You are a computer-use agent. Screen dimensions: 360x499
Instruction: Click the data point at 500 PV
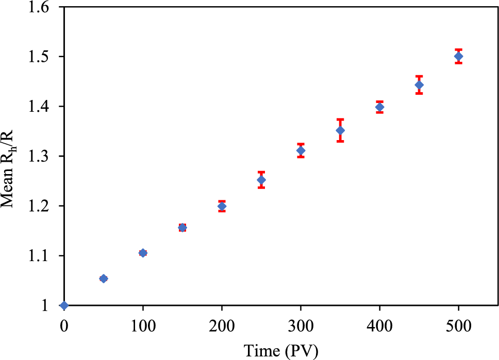tap(459, 56)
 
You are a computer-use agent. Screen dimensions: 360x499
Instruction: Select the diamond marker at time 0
tap(64, 305)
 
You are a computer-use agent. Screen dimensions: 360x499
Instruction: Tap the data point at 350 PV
tap(340, 130)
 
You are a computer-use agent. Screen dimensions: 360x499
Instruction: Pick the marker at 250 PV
tap(261, 180)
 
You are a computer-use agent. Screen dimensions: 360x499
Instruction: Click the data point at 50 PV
tap(104, 279)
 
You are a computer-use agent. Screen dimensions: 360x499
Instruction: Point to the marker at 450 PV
tap(419, 84)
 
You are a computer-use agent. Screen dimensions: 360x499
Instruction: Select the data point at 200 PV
tap(222, 206)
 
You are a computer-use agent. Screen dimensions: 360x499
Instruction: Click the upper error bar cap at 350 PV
tap(340, 119)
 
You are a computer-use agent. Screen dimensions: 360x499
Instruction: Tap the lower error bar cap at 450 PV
tap(419, 93)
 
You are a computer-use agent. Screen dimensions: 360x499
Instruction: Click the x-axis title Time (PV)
tap(281, 351)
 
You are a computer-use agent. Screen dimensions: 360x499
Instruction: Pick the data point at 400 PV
tap(380, 107)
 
